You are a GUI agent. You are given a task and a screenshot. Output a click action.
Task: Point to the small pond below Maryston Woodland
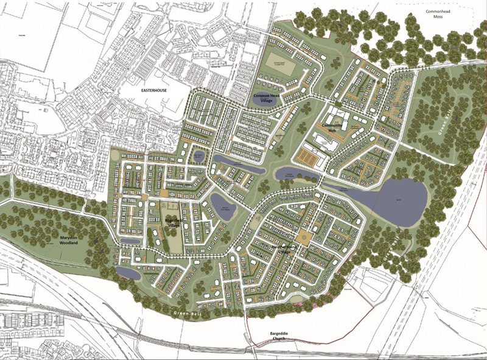(124, 272)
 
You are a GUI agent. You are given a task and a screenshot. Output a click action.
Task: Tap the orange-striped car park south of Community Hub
(312, 160)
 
